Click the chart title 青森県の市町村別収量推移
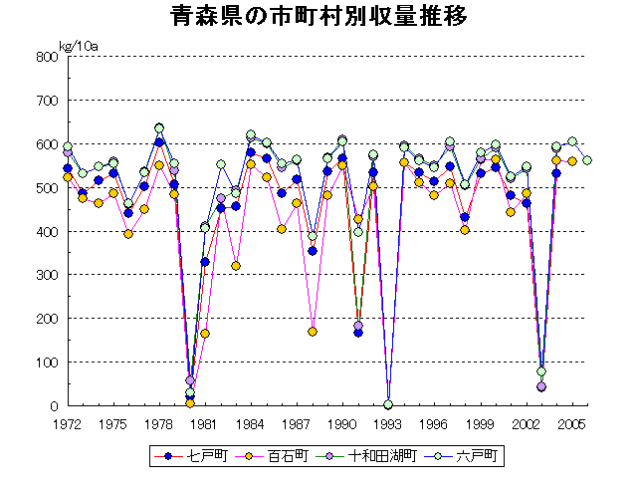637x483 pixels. (318, 18)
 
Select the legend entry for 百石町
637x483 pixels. (286, 455)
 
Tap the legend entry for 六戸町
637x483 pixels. (478, 455)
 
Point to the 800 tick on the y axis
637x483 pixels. (46, 57)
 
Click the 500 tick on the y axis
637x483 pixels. (46, 188)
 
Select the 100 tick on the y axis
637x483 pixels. (46, 362)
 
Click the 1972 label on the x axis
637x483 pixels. (68, 424)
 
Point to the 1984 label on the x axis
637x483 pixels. (251, 424)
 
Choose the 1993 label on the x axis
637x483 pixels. (388, 424)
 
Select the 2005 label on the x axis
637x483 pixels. (571, 424)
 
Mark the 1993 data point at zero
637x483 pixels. (388, 404)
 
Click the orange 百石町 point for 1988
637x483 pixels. (313, 332)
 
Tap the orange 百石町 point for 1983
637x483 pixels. (236, 266)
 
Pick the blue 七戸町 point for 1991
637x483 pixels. (358, 333)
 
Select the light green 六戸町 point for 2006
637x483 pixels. (587, 160)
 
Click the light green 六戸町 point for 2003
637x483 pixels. (541, 371)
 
